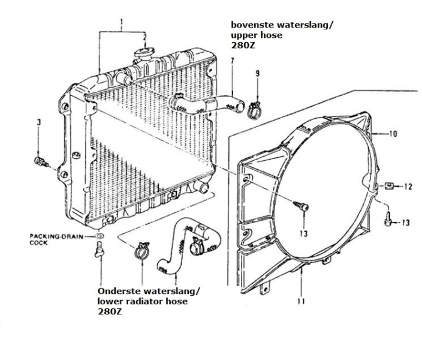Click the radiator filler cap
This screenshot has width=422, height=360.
click(144, 53)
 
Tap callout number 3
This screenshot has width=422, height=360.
click(39, 122)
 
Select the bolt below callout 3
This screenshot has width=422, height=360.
click(41, 162)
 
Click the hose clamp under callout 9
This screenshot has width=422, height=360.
click(254, 110)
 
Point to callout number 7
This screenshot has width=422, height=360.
click(232, 61)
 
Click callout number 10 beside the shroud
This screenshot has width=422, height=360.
click(393, 133)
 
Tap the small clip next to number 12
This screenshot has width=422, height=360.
click(388, 185)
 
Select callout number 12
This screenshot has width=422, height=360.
click(408, 187)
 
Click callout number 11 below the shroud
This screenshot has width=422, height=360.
click(301, 301)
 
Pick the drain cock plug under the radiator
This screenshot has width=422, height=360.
click(99, 250)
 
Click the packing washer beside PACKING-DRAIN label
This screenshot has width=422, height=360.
click(100, 236)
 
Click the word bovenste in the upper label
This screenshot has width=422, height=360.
click(252, 25)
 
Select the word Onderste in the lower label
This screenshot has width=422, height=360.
click(119, 291)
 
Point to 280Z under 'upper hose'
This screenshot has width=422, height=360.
click(243, 45)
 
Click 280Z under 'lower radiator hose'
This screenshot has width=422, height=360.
click(110, 312)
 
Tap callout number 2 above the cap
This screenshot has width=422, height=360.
click(144, 37)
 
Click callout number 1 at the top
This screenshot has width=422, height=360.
click(122, 22)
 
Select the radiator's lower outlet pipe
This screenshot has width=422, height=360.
click(201, 186)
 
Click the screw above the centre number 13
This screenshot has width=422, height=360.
click(301, 206)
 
